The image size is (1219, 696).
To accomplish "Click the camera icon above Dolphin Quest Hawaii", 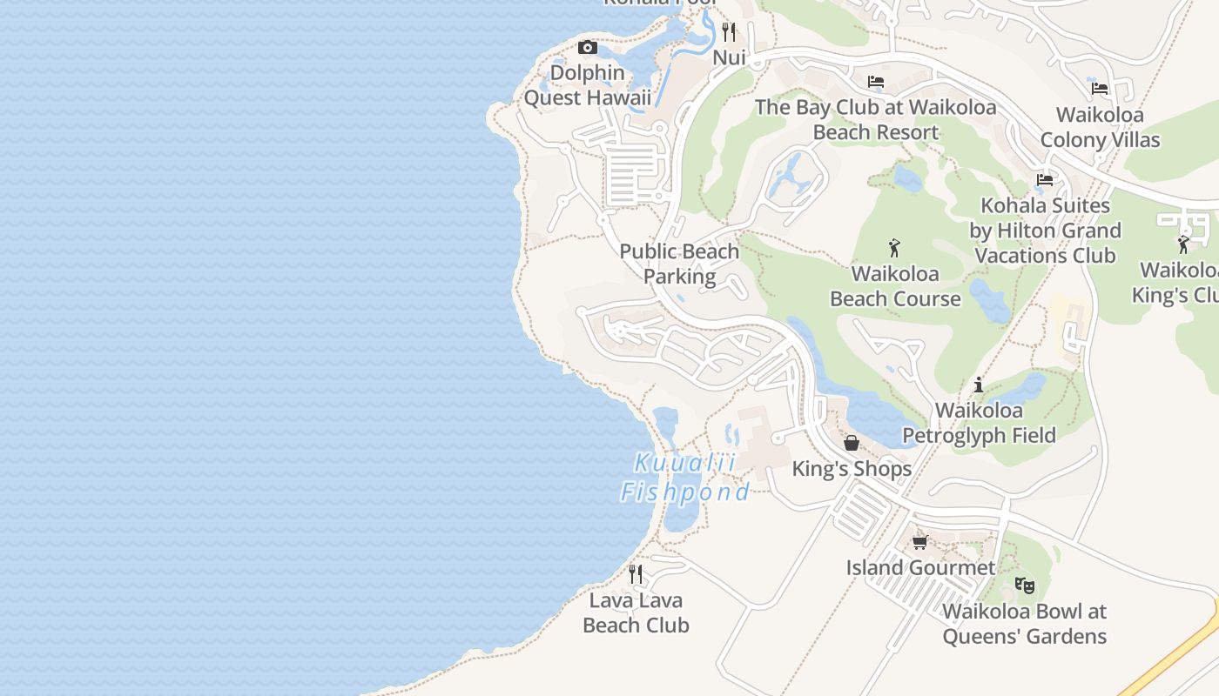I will click(588, 48).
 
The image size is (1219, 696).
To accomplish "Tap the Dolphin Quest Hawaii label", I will click(587, 85).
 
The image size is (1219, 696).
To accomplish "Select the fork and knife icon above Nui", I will click(729, 32).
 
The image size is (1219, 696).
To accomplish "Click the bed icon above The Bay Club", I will click(876, 82).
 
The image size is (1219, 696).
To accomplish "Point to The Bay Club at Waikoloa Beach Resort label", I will click(875, 120).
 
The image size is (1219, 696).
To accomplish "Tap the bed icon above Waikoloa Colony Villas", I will click(1100, 88).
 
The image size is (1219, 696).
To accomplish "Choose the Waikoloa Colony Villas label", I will click(1100, 127).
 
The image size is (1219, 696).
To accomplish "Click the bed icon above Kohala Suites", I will click(1045, 180).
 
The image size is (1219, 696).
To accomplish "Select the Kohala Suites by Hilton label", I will click(1045, 231).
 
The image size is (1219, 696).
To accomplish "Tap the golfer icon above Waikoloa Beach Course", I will click(894, 248).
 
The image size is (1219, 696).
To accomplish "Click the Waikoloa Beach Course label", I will click(895, 286).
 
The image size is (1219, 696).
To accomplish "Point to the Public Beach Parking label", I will click(679, 264).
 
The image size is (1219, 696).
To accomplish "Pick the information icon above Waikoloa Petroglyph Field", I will click(979, 384).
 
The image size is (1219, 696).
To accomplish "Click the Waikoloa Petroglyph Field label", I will click(979, 422).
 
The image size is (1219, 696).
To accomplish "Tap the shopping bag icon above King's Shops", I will click(852, 443).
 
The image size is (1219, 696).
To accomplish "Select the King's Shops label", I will click(852, 469).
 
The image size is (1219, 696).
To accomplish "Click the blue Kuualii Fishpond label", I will click(684, 478).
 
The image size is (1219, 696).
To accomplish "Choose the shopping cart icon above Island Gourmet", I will click(920, 542).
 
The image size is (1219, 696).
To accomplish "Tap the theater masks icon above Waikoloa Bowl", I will click(1025, 585).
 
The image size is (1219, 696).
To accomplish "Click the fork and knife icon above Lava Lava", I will click(636, 574).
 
